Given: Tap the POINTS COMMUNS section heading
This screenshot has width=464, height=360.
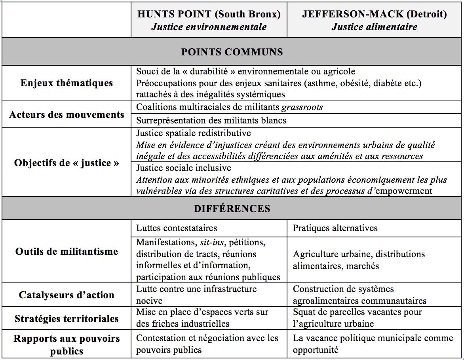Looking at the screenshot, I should pyautogui.click(x=232, y=52).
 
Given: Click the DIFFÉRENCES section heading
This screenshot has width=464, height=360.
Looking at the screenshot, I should pyautogui.click(x=232, y=208).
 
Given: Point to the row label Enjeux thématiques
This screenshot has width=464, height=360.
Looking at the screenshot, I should pyautogui.click(x=67, y=83).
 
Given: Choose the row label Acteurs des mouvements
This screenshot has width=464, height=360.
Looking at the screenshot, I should pyautogui.click(x=67, y=115).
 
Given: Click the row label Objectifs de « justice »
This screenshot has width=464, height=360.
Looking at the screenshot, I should pyautogui.click(x=67, y=163).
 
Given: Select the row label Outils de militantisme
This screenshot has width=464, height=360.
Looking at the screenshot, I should pyautogui.click(x=67, y=252).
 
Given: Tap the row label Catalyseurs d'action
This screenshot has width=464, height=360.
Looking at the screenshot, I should pyautogui.click(x=67, y=295).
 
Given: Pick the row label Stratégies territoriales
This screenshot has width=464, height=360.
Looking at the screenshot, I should pyautogui.click(x=67, y=318).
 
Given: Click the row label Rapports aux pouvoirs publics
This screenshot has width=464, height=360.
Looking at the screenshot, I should pyautogui.click(x=67, y=345).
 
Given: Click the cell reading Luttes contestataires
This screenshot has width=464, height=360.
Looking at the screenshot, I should pyautogui.click(x=177, y=228).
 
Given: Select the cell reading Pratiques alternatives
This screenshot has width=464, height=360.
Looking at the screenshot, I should pyautogui.click(x=335, y=228).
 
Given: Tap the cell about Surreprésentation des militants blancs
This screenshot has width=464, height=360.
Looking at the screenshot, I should pyautogui.click(x=211, y=120).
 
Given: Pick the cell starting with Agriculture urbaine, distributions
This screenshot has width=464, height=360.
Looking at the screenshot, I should pyautogui.click(x=359, y=260).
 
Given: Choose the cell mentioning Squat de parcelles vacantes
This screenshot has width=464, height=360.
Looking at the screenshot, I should pyautogui.click(x=357, y=318).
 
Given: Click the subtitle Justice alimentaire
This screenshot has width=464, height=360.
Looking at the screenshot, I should pyautogui.click(x=374, y=27).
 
